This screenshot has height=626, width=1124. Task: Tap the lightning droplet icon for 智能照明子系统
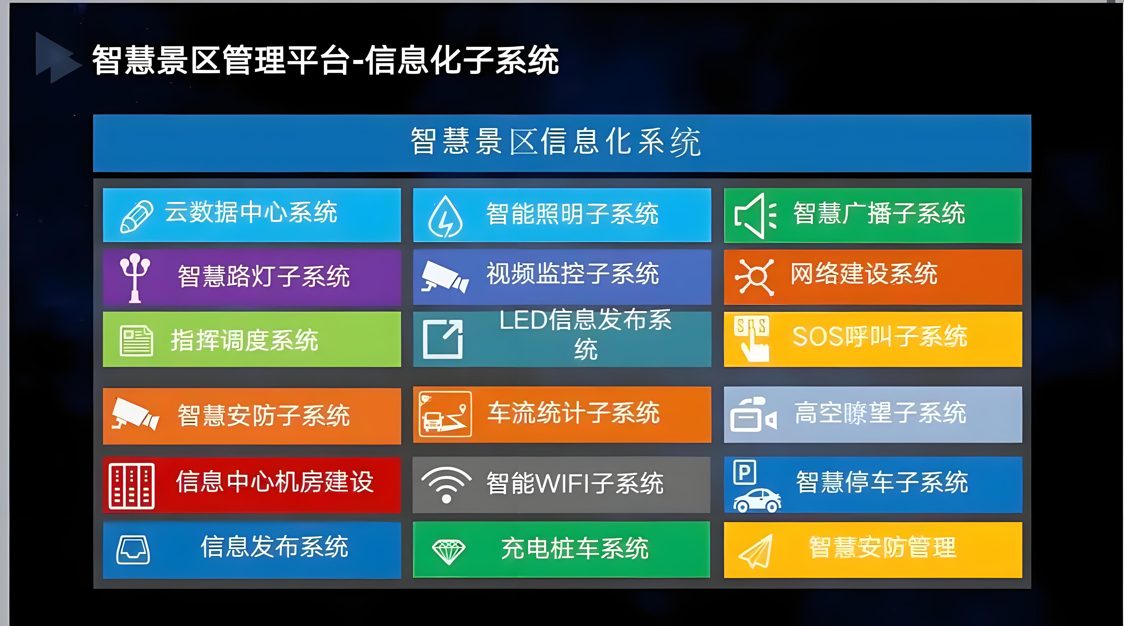click(445, 217)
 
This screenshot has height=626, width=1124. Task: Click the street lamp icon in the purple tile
click(135, 277)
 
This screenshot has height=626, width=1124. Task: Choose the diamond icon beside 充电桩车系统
click(448, 552)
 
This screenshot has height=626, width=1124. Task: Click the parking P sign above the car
click(745, 472)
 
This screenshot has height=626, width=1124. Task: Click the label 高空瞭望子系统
click(880, 413)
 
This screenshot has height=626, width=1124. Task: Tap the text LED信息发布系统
click(586, 334)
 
